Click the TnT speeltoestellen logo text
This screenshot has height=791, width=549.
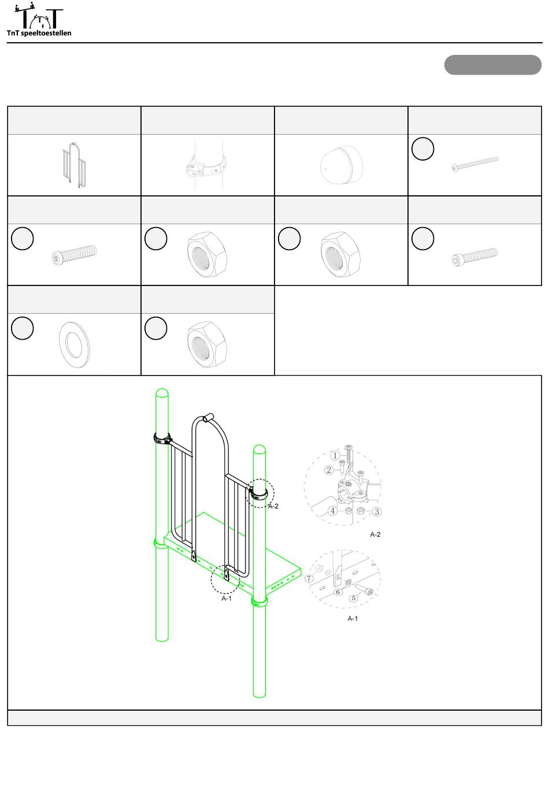[x=39, y=33]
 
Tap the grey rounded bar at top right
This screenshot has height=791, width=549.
[x=492, y=65]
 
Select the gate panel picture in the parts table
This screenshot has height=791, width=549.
[x=74, y=165]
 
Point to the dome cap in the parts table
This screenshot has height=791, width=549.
[x=342, y=165]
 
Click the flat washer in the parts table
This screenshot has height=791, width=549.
[x=74, y=344]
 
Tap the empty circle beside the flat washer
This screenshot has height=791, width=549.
[x=23, y=328]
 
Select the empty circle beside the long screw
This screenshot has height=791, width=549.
[x=422, y=148]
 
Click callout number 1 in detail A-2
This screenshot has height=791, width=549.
[x=335, y=455]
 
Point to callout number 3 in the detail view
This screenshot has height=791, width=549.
[x=377, y=511]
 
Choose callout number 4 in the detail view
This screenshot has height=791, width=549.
[x=332, y=511]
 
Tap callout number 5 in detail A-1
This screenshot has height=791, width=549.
[x=353, y=598]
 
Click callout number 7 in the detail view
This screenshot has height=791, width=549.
[x=309, y=578]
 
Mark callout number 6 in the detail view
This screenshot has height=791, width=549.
[x=338, y=592]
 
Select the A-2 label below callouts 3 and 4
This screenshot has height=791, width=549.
[x=375, y=534]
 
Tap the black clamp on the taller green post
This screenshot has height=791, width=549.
[x=162, y=439]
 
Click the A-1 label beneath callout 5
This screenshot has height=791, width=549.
[x=353, y=618]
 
